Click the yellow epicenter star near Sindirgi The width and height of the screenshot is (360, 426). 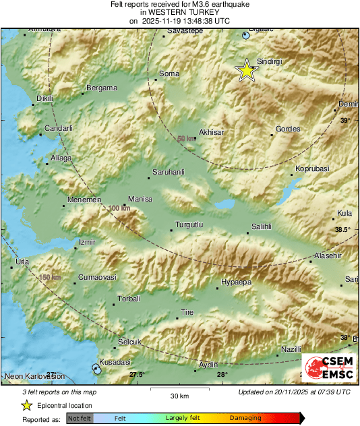247,70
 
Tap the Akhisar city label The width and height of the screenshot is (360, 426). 211,132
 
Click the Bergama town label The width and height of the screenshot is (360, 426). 102,88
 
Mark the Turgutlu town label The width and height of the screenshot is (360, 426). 189,224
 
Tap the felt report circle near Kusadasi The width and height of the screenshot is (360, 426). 96,367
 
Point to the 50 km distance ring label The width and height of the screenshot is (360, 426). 186,139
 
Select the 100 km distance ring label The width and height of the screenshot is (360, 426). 119,209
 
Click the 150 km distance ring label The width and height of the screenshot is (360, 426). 50,278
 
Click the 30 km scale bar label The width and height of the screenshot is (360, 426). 179,396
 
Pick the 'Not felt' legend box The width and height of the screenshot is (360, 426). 78,419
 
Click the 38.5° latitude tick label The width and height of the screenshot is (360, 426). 343,230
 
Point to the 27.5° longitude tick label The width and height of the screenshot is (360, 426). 137,375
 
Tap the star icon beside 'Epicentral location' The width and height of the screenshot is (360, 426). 26,405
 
